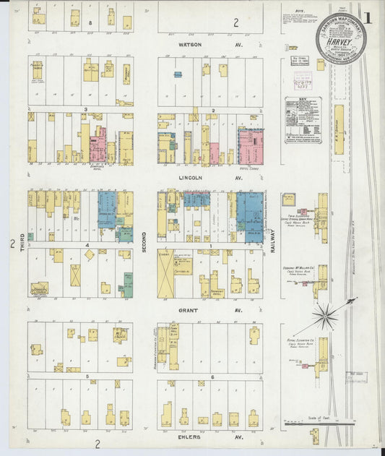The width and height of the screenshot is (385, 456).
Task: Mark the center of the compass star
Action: [326, 315]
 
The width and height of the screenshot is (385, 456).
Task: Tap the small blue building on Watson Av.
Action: [177, 74]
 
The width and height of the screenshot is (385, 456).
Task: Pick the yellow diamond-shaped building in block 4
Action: [89, 254]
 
